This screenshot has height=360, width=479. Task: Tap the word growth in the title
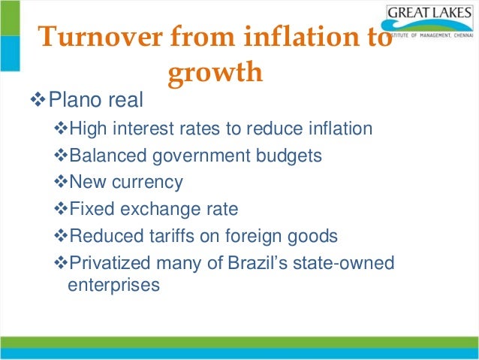pos(215,72)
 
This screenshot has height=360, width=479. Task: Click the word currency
pos(147,183)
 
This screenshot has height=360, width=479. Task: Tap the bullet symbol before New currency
pos(62,183)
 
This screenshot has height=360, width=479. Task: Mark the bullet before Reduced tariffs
pos(62,236)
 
